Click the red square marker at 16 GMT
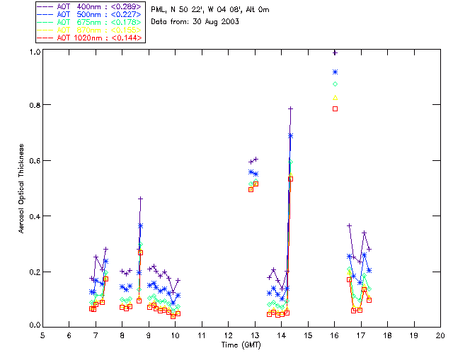(x=335, y=108)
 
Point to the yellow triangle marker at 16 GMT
(x=335, y=97)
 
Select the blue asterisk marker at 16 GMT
(x=335, y=72)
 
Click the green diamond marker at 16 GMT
(x=335, y=84)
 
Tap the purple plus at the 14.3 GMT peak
(x=290, y=108)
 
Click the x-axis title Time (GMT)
(x=241, y=345)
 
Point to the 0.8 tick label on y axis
(x=33, y=105)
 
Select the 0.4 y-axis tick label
(x=33, y=216)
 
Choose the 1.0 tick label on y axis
(x=33, y=52)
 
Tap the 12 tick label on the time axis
(x=228, y=335)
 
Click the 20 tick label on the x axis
(x=440, y=335)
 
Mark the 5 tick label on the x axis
(x=42, y=335)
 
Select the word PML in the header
(x=159, y=9)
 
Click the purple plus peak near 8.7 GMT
(x=140, y=199)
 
